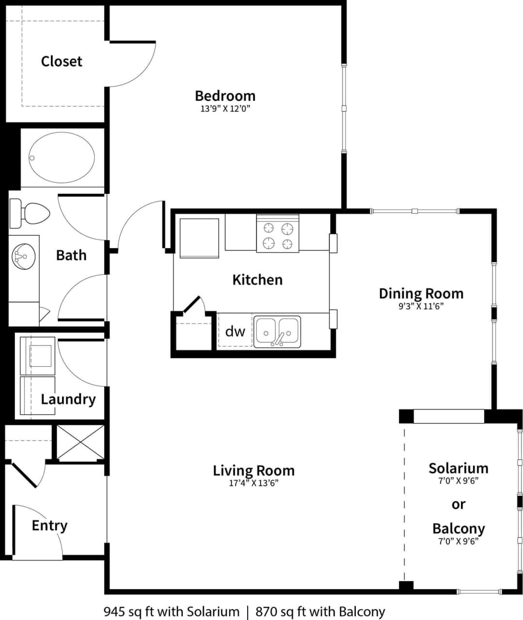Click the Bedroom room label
tap(225, 95)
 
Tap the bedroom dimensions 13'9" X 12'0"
tap(225, 109)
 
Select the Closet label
tap(62, 61)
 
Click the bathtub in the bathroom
tap(61, 157)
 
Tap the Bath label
tap(71, 255)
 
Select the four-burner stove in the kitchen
tap(277, 234)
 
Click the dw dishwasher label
tap(235, 331)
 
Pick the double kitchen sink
tap(277, 332)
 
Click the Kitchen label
tap(257, 279)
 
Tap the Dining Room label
tap(421, 293)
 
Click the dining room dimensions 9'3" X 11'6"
tap(421, 306)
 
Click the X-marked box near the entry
tap(80, 442)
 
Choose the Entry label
tap(49, 525)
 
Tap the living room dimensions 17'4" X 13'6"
tap(254, 483)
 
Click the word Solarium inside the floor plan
tap(458, 468)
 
